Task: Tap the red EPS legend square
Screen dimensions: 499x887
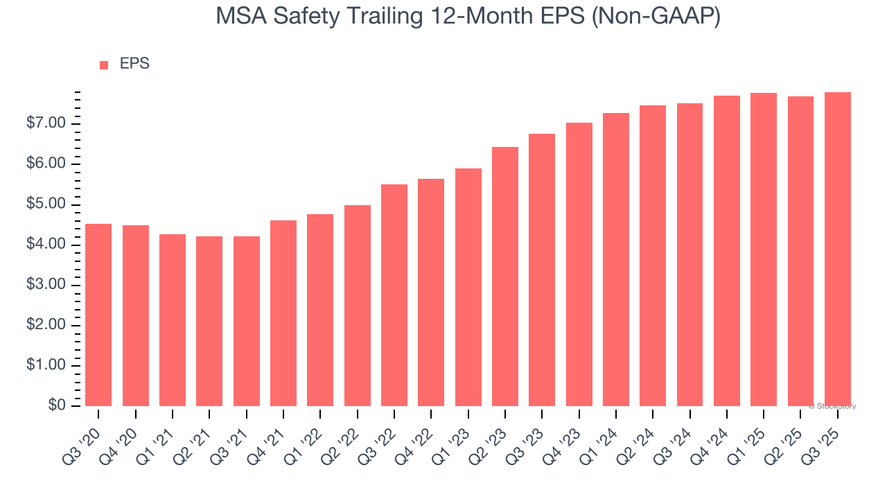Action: (x=104, y=65)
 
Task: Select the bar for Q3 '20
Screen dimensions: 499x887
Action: (x=98, y=315)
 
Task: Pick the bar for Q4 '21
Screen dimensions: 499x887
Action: (x=283, y=313)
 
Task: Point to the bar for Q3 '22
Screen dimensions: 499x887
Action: (x=394, y=295)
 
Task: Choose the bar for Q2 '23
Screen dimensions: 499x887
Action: (x=505, y=277)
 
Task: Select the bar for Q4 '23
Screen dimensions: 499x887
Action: (x=579, y=264)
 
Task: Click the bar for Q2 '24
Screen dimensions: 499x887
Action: (x=653, y=256)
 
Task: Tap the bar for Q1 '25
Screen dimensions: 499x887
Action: (x=764, y=249)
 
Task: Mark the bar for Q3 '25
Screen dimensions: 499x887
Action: (x=837, y=249)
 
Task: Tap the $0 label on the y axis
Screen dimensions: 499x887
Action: (x=57, y=405)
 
